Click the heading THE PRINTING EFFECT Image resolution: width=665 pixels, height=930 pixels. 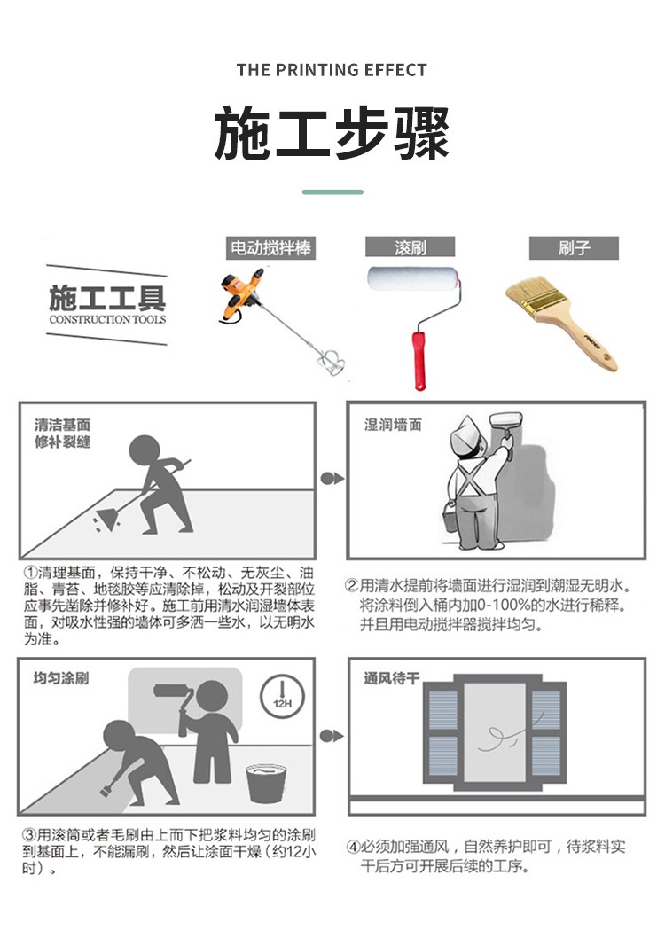[x=332, y=70]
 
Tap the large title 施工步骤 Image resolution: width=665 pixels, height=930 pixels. [x=332, y=134]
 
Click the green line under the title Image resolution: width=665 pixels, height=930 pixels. [x=332, y=192]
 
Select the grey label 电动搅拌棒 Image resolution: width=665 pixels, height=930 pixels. [x=270, y=248]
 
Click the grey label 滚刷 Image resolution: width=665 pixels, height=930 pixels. [x=410, y=247]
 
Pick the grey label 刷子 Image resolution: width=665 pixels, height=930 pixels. [x=574, y=248]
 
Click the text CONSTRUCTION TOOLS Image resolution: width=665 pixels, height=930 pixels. [x=107, y=320]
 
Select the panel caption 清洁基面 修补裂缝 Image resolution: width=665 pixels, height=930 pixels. [x=62, y=433]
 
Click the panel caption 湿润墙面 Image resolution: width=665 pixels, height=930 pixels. [x=393, y=425]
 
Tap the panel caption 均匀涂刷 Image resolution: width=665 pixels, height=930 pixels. [x=60, y=677]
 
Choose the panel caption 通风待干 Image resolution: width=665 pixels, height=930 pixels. [x=392, y=677]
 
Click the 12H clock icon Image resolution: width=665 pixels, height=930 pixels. [x=282, y=696]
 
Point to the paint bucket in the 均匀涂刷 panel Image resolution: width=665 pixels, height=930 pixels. [x=266, y=784]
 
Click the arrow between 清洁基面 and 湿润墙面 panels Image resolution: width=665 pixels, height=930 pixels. [x=332, y=478]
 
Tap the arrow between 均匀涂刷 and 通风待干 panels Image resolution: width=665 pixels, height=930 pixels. [x=331, y=736]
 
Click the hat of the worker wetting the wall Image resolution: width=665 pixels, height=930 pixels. [x=467, y=432]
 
